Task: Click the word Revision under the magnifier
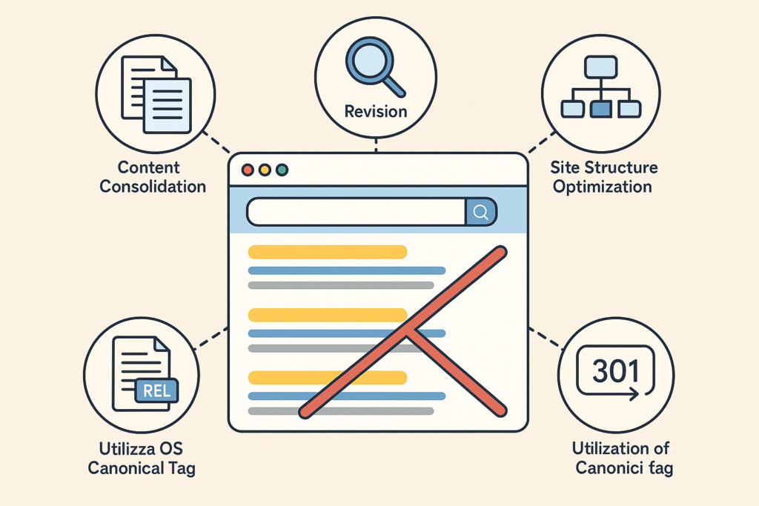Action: (x=376, y=112)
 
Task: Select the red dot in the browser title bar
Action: (x=248, y=170)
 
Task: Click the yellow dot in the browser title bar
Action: (x=265, y=170)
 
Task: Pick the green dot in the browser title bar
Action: (x=282, y=170)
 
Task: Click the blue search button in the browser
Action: (x=480, y=212)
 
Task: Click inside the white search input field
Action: (x=356, y=212)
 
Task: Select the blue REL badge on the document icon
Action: (x=156, y=390)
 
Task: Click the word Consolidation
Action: (x=153, y=186)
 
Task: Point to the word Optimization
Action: (x=603, y=186)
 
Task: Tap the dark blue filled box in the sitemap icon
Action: (x=602, y=109)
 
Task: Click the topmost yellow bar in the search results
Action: (x=328, y=252)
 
